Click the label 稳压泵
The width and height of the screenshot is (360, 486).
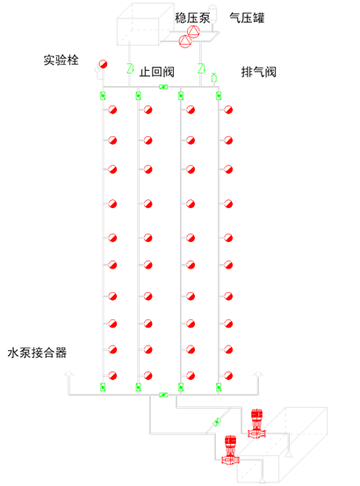192,18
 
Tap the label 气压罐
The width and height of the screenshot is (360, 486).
247,18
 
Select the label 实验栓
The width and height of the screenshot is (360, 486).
61,60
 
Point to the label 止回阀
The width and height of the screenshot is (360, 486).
156,72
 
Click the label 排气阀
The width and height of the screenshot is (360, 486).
259,72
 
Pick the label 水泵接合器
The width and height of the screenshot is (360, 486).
37,353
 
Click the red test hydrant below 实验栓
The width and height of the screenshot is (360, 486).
103,64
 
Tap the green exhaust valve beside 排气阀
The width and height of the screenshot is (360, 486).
213,77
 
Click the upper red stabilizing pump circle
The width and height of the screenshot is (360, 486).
193,32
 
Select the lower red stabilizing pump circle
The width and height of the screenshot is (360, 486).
185,41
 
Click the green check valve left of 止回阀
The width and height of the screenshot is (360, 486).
130,68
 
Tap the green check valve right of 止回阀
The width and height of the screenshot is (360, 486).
201,68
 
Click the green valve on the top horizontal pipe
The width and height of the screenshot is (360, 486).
163,87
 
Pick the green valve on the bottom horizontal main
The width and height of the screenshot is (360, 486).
163,395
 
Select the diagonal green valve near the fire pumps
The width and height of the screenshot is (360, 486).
217,422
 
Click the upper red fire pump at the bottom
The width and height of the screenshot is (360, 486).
256,424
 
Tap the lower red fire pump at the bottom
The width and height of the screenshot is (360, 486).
230,450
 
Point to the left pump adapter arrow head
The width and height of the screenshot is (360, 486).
68,374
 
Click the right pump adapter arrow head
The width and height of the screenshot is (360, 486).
258,374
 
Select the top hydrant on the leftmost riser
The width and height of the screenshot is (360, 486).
112,110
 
